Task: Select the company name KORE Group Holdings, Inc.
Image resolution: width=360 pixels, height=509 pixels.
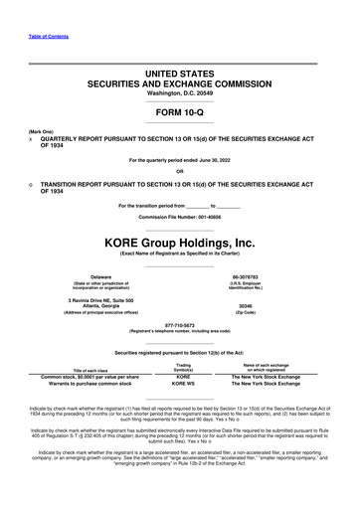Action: coord(179,242)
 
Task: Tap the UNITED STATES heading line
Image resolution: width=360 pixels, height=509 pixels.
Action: coord(179,75)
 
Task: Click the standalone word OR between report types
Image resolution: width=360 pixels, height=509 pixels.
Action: coord(179,171)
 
